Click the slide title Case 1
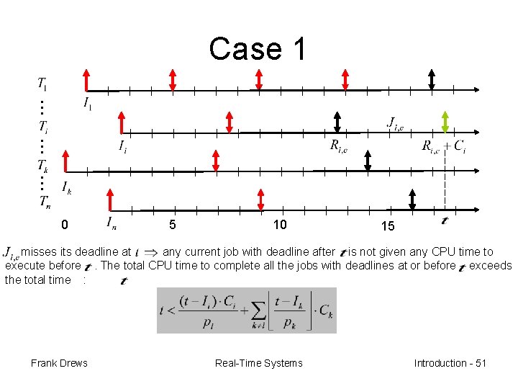pos(258,49)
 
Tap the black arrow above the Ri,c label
pos(337,123)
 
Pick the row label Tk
pos(42,164)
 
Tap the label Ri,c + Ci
pos(443,147)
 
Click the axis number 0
pos(65,225)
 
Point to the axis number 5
pos(173,225)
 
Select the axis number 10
pos(280,225)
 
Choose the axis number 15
pos(388,226)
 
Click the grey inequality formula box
pos(246,310)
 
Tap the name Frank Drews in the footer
pos(59,363)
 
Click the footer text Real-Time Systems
pos(258,363)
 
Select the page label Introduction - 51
pos(450,363)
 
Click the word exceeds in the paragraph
pos(490,266)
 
